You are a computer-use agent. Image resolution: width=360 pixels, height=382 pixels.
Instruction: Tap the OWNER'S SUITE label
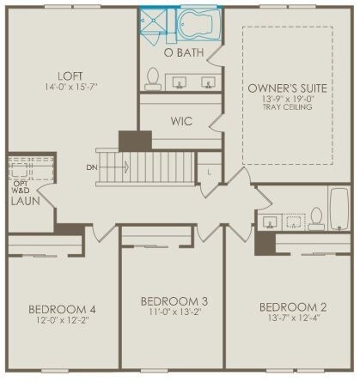point(287,88)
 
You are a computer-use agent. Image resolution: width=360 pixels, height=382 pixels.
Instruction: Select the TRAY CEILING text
point(287,107)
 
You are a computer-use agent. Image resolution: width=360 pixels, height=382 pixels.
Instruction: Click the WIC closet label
point(181,121)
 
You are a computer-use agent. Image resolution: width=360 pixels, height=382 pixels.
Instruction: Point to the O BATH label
point(184,52)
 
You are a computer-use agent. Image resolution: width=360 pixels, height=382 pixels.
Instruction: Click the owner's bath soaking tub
point(198,24)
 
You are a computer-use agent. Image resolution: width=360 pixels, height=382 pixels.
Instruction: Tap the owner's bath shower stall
point(153,21)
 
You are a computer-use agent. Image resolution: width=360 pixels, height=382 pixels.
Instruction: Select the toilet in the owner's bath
point(153,79)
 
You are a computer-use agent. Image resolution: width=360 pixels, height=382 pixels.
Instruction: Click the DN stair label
point(92,167)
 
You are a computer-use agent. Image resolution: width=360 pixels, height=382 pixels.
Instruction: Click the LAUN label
point(26,201)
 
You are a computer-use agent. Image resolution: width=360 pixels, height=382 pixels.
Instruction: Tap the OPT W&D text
point(21,187)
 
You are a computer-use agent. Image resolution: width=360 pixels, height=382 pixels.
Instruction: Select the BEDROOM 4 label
point(62,309)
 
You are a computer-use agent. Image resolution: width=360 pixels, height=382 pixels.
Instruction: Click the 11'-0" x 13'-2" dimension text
point(174,312)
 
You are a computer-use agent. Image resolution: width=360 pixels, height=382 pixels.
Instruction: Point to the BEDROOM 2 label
point(293,307)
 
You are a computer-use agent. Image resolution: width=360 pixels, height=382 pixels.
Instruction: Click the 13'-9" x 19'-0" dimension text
point(287,99)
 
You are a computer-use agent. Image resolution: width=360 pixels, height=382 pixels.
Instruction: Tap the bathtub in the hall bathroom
point(339,209)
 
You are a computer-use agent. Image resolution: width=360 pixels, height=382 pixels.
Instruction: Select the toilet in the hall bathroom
point(316,219)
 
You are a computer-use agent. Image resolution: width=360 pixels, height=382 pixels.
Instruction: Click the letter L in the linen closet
point(210,173)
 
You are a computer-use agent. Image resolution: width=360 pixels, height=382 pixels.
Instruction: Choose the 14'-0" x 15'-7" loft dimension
point(71,87)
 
